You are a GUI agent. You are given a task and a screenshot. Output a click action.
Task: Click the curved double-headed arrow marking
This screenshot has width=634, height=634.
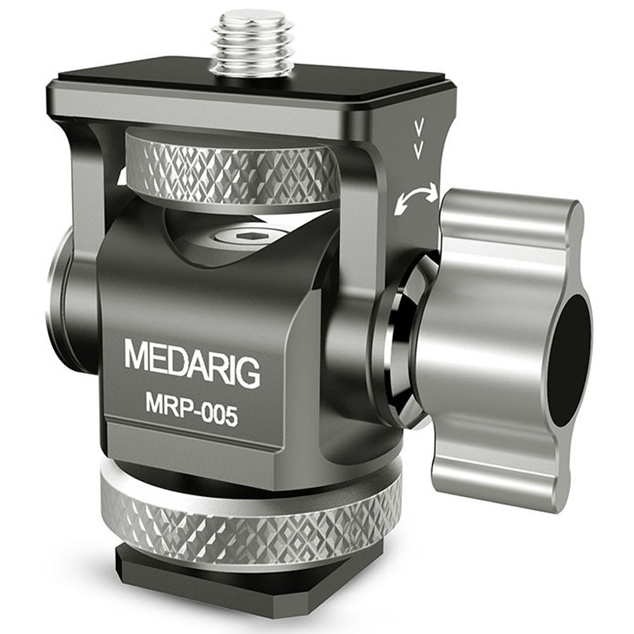pyautogui.click(x=417, y=197)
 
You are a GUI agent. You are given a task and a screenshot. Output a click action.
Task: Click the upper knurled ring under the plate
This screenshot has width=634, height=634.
pyautogui.click(x=231, y=169)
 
